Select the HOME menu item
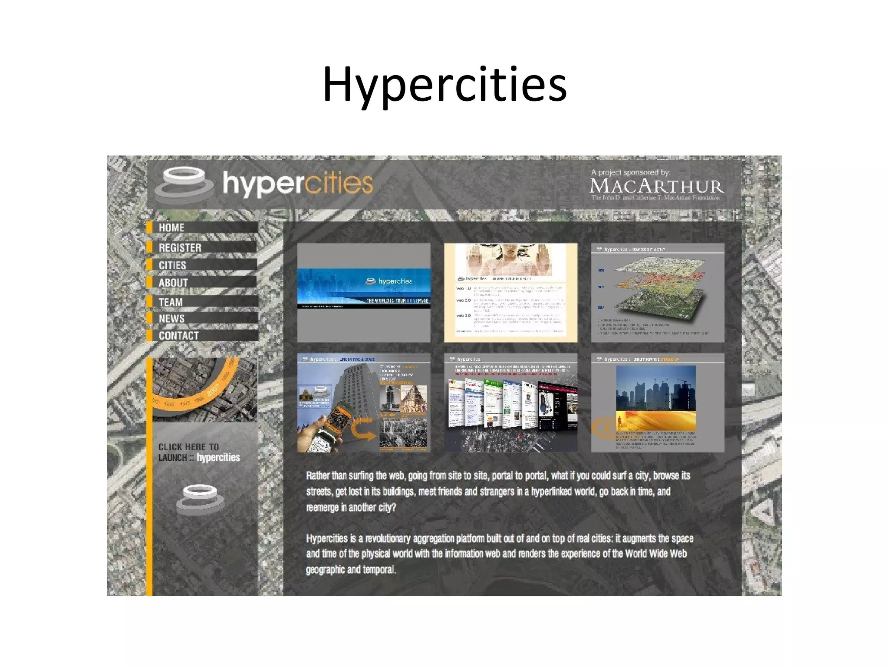coord(171,228)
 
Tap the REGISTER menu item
coord(180,248)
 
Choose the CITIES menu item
coord(172,265)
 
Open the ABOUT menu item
coord(173,283)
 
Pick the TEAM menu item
coord(170,302)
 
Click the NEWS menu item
coord(171,319)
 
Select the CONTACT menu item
coord(178,336)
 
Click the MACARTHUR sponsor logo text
coord(656,186)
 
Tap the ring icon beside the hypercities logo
coord(184,184)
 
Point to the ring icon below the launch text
coord(200,499)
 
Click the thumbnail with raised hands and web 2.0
coord(510,292)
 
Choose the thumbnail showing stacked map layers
coord(657,292)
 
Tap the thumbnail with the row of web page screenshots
coord(510,403)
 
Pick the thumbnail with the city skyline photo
coord(657,403)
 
